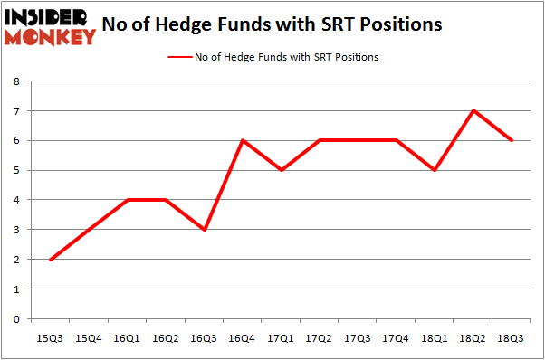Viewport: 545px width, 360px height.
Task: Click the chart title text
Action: pos(272,24)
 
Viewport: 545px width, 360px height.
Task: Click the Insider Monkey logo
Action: pos(51,26)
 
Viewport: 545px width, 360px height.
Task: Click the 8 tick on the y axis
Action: pos(15,81)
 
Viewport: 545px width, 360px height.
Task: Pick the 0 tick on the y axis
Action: pos(15,319)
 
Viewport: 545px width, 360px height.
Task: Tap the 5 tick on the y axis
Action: pos(15,170)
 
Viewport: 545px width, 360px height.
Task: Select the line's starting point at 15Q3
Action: pos(50,260)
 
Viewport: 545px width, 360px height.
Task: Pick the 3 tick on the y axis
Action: pos(15,230)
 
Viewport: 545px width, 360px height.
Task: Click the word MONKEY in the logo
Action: pos(51,37)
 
